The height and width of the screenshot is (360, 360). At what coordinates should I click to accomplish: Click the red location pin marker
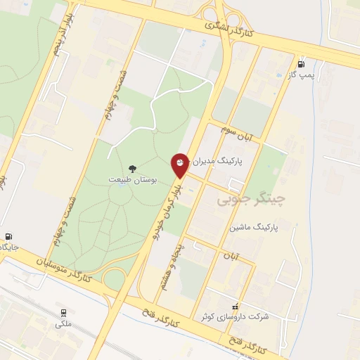181,164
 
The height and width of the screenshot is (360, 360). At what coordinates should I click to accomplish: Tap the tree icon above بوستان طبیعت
132,168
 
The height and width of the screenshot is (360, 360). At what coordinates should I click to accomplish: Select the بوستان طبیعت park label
132,180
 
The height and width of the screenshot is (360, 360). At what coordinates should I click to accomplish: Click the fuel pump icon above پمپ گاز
302,62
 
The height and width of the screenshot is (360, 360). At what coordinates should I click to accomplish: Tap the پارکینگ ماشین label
254,229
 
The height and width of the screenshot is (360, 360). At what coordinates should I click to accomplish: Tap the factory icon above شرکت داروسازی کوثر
235,306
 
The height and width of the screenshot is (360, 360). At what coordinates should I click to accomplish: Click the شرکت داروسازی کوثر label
244,317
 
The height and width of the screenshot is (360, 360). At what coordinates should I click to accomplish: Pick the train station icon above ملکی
63,312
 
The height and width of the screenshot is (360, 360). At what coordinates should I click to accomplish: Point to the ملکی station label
63,324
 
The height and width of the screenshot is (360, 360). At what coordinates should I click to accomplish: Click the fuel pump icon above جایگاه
8,237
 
